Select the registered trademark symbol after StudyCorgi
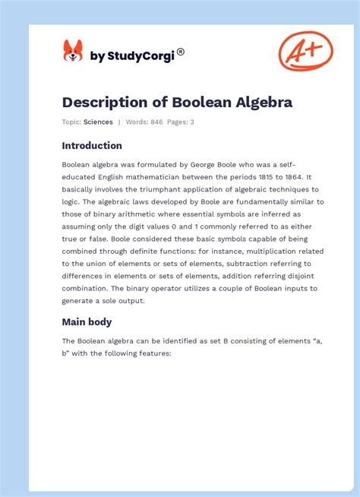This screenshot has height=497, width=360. (x=181, y=52)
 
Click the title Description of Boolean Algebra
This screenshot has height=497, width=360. (x=177, y=102)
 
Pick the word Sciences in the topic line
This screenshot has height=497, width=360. (x=98, y=122)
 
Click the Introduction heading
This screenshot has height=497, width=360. (x=92, y=146)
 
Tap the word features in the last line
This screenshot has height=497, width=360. (x=153, y=353)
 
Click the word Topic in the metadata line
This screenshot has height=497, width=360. (x=71, y=122)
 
